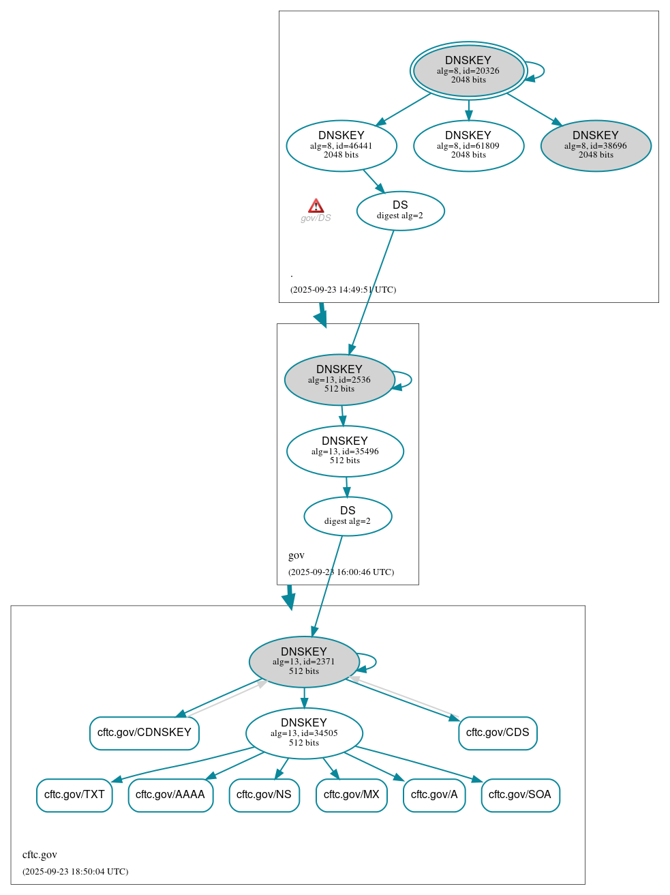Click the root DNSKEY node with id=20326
pyautogui.click(x=468, y=70)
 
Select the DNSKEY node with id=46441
pyautogui.click(x=341, y=145)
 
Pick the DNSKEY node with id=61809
pyautogui.click(x=468, y=145)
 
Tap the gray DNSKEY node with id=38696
pyautogui.click(x=596, y=145)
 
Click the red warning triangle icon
pyautogui.click(x=316, y=206)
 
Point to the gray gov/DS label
pyautogui.click(x=316, y=218)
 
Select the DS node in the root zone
pyautogui.click(x=400, y=211)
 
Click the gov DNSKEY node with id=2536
pyautogui.click(x=339, y=379)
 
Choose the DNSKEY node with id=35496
pyautogui.click(x=345, y=451)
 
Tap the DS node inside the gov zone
pyautogui.click(x=348, y=516)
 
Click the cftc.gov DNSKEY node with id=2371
pyautogui.click(x=304, y=662)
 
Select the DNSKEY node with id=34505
pyautogui.click(x=304, y=733)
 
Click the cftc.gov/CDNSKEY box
pyautogui.click(x=144, y=733)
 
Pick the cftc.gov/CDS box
pyautogui.click(x=498, y=733)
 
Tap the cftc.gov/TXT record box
pyautogui.click(x=74, y=795)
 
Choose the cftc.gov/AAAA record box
pyautogui.click(x=170, y=795)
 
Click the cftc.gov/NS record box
pyautogui.click(x=264, y=795)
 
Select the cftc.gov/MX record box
pyautogui.click(x=352, y=795)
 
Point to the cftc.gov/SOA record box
pyautogui.click(x=520, y=795)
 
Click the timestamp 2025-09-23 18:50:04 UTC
pyautogui.click(x=75, y=871)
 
